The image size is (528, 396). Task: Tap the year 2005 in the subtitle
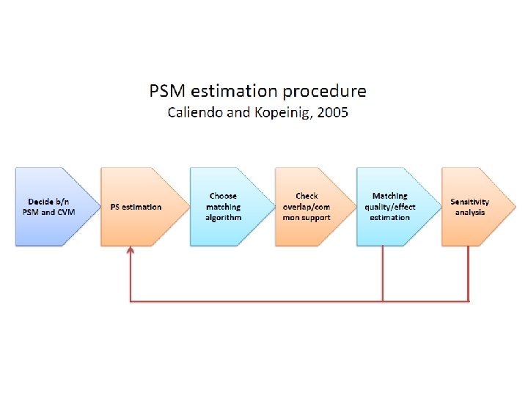pyautogui.click(x=331, y=112)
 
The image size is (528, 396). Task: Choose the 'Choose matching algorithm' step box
pyautogui.click(x=224, y=207)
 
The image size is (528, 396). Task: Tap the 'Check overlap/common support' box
pyautogui.click(x=308, y=207)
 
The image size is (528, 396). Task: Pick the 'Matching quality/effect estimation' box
pyautogui.click(x=392, y=207)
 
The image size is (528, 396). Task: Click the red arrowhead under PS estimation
pyautogui.click(x=131, y=251)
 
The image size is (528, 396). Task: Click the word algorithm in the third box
pyautogui.click(x=223, y=217)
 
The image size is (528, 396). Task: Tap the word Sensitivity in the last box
pyautogui.click(x=470, y=202)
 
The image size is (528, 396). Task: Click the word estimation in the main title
pyautogui.click(x=236, y=92)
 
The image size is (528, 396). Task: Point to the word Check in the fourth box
pyautogui.click(x=307, y=196)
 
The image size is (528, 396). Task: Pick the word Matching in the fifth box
pyautogui.click(x=389, y=196)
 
